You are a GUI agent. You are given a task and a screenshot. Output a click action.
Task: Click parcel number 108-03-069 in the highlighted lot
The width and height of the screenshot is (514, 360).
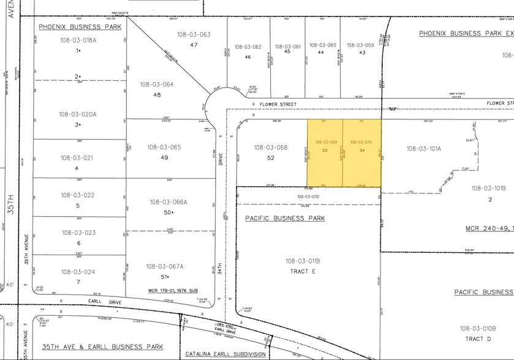325,142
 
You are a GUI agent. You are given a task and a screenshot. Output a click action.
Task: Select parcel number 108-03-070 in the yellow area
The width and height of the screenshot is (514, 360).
361,142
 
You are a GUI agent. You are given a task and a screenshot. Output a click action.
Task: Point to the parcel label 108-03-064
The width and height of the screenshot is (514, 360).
157,84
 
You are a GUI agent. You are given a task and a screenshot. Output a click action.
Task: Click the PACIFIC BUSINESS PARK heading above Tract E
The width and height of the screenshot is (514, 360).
285,218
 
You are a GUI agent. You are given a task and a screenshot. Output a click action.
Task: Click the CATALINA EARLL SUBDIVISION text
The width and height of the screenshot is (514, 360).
225,354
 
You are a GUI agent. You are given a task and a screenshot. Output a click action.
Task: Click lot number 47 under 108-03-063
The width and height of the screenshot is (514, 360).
194,45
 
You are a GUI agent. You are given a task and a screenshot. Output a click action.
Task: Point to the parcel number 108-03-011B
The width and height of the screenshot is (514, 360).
303,261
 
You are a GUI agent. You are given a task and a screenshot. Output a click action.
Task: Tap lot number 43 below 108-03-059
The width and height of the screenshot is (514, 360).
362,53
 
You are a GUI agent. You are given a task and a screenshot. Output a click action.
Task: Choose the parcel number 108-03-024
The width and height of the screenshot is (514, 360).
78,272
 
